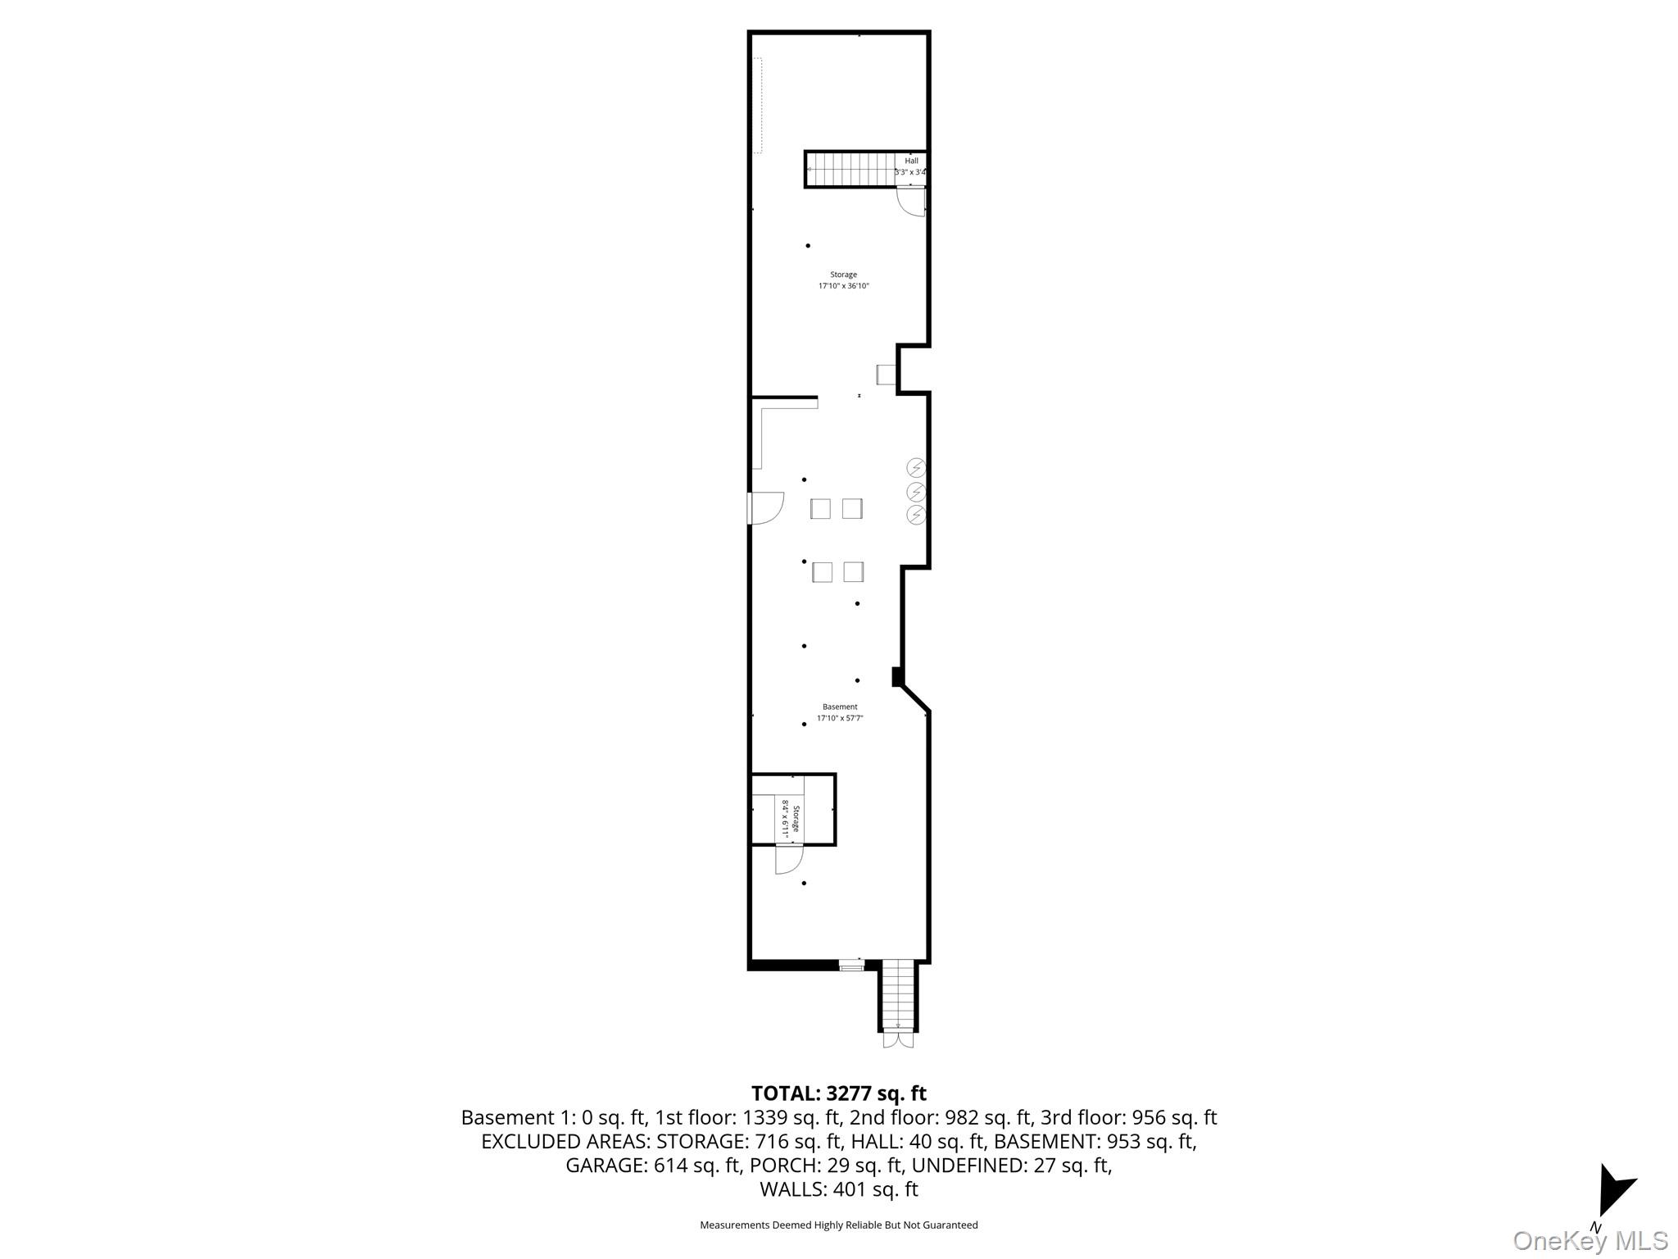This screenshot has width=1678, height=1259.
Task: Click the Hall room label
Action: point(911,161)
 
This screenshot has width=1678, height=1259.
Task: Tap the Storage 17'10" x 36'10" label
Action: point(843,280)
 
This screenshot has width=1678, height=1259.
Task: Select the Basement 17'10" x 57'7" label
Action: point(840,712)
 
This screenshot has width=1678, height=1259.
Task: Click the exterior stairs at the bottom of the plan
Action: point(899,996)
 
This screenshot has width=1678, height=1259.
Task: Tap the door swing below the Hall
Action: point(912,201)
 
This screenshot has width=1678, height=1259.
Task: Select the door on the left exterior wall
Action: point(765,507)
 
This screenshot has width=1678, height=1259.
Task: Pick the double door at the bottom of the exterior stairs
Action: point(899,1039)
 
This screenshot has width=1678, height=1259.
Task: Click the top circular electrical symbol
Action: point(916,468)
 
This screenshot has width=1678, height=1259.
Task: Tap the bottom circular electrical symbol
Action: point(916,515)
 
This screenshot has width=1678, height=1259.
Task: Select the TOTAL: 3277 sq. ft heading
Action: point(838,1093)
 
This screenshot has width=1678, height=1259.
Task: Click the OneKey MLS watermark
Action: point(1590,1240)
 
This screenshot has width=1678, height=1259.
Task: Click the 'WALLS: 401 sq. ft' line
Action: point(838,1189)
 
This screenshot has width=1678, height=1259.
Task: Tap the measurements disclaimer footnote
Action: point(838,1225)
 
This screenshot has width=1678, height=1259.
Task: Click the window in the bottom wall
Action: point(852,966)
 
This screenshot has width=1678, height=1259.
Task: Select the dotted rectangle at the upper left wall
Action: point(758,105)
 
